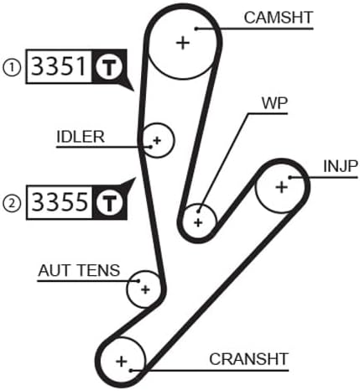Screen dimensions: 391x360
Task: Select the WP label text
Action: (273, 105)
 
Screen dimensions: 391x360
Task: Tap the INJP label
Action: (340, 165)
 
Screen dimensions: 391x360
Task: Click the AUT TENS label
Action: (79, 270)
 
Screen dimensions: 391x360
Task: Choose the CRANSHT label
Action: (248, 358)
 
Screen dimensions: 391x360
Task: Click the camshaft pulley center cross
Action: (183, 42)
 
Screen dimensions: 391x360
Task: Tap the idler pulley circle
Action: (156, 140)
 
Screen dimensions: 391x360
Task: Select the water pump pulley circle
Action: (198, 222)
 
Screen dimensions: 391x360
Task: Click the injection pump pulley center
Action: (281, 187)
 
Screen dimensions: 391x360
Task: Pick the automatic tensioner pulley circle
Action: (144, 289)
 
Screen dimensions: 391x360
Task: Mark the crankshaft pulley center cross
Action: (122, 362)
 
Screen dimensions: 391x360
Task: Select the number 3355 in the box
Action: (58, 202)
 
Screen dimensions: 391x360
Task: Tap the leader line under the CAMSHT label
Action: (269, 28)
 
